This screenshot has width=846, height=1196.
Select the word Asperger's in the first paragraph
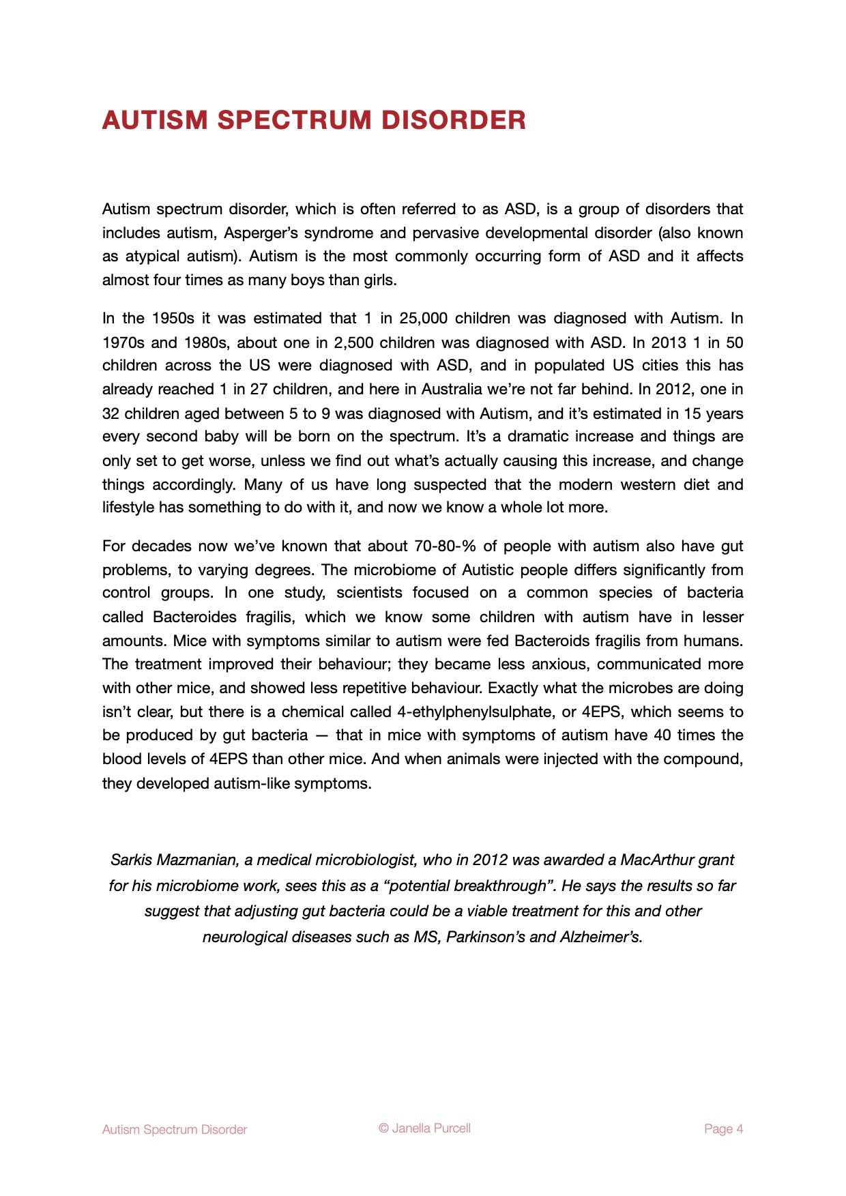click(260, 233)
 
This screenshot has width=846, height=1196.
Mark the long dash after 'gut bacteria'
click(322, 735)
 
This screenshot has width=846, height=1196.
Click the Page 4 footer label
click(723, 1129)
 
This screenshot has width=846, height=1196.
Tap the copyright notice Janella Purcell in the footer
click(424, 1128)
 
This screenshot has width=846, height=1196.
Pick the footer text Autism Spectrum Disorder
click(175, 1130)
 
